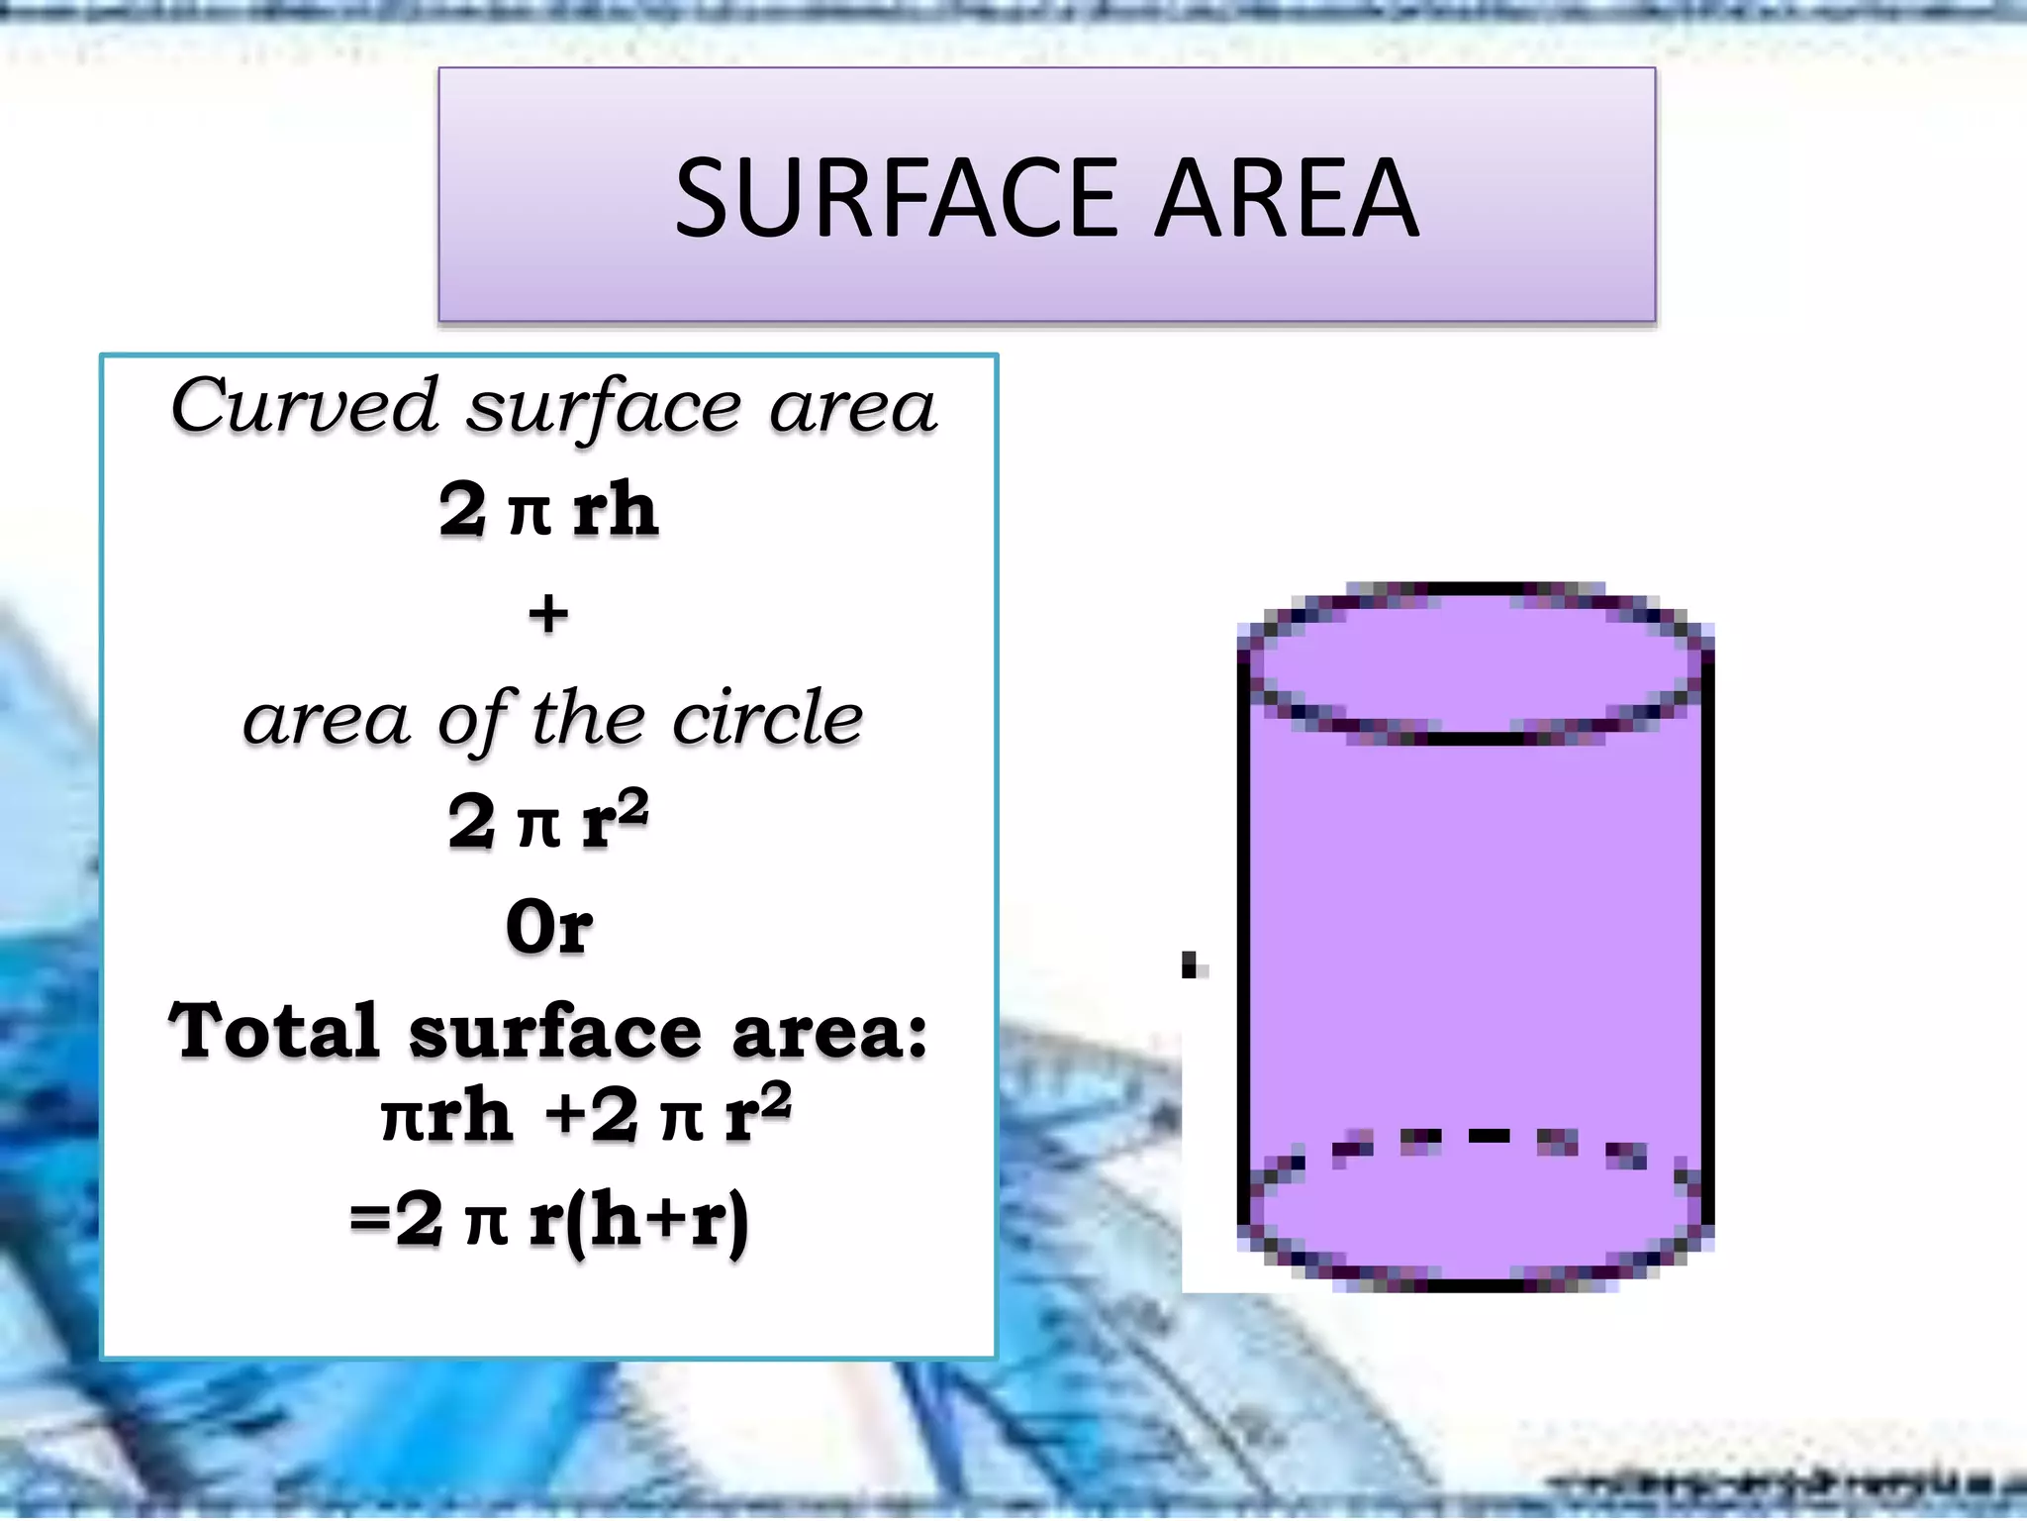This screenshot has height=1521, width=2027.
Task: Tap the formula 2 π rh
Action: point(549,511)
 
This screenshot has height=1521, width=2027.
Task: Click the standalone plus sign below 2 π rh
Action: point(548,614)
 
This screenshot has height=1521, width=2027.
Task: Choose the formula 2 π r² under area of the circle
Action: point(548,820)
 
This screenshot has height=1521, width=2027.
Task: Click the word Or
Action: point(549,928)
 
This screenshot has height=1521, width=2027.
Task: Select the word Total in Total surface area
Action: point(274,1031)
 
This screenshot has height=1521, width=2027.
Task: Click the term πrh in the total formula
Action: point(446,1117)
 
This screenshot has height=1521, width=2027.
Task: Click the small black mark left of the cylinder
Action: point(1191,963)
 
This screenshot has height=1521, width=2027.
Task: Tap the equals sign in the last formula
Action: point(370,1220)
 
